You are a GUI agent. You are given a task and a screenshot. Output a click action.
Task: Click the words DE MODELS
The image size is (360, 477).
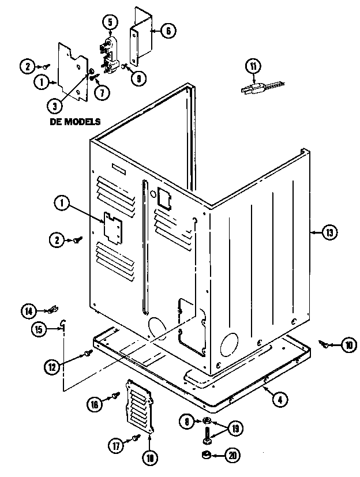76,122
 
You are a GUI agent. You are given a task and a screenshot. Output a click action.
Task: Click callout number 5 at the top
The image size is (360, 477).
110,21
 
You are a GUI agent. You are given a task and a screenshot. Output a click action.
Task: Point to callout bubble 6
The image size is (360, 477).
166,32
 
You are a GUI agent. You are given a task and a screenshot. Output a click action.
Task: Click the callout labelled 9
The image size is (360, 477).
138,78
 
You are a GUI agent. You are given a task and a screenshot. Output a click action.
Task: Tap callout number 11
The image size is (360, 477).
252,66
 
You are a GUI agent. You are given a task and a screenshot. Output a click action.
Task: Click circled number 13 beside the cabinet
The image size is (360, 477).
329,233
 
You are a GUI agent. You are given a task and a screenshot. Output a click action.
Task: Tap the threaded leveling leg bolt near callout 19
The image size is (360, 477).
207,433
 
